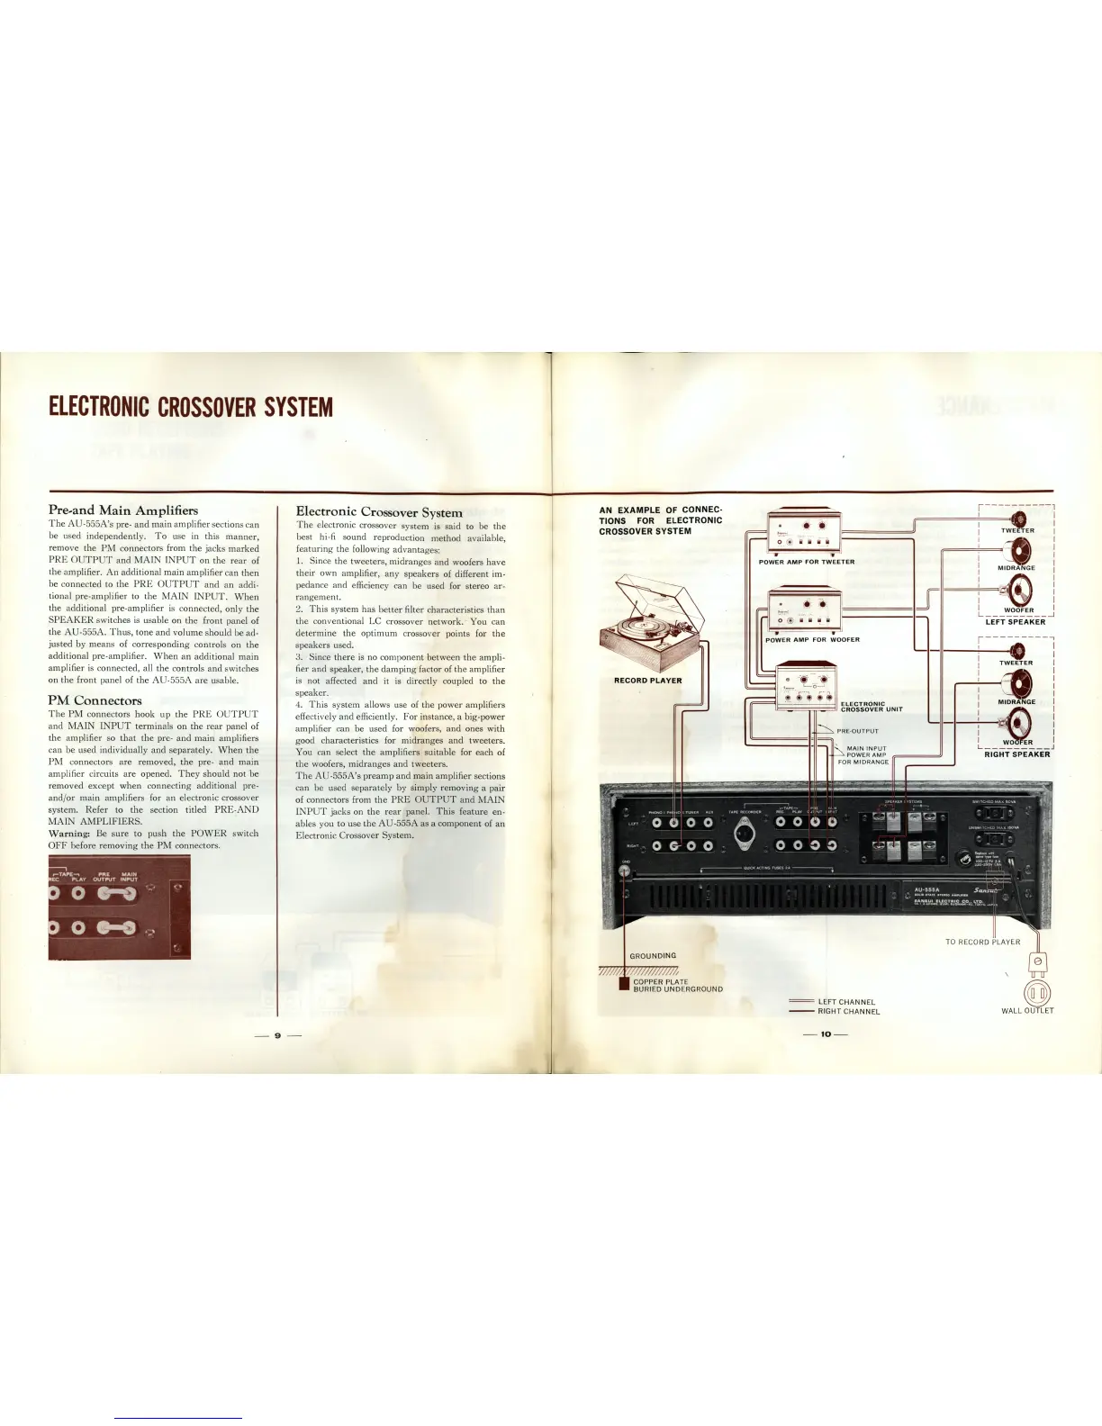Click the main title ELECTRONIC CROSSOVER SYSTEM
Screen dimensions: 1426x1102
tap(190, 408)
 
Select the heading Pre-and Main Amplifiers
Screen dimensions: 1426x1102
tap(122, 510)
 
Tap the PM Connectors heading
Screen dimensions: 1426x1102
tap(95, 700)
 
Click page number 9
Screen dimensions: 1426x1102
tap(277, 1035)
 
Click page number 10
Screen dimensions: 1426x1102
tap(825, 1034)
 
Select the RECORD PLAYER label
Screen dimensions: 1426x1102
tap(647, 681)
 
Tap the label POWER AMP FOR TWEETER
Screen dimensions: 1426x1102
tap(806, 562)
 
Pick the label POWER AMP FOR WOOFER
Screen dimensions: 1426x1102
tap(812, 640)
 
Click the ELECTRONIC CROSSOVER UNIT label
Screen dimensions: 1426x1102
tap(871, 707)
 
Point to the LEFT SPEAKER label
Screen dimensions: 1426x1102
tap(1015, 622)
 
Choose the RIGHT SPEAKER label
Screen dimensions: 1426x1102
tap(1016, 754)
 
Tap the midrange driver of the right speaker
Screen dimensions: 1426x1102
tap(1017, 682)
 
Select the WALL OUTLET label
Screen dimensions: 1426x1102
tap(1027, 1010)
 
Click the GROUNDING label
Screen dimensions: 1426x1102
tap(653, 955)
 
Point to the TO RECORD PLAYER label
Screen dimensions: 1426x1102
tap(982, 942)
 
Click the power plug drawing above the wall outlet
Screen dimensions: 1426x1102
tap(1037, 961)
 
